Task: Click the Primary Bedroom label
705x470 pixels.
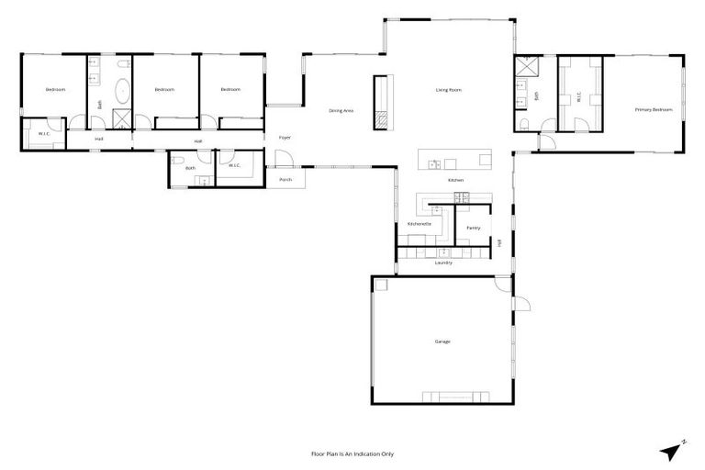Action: [654, 109]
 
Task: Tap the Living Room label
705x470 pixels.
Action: [448, 90]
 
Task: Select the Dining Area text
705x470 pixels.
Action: [341, 110]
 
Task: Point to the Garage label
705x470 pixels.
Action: [442, 341]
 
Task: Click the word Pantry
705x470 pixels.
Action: [473, 228]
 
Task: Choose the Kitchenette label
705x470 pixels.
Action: [420, 224]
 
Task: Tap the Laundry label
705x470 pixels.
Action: [443, 263]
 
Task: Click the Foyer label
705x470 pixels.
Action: [285, 138]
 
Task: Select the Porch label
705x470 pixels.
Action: [285, 180]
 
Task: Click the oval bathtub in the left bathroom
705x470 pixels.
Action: [121, 92]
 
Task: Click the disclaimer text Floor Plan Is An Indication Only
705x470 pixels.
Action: [352, 453]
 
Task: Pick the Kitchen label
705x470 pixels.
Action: [456, 181]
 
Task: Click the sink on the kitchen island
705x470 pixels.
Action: [435, 164]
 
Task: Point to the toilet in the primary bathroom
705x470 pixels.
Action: [523, 124]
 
